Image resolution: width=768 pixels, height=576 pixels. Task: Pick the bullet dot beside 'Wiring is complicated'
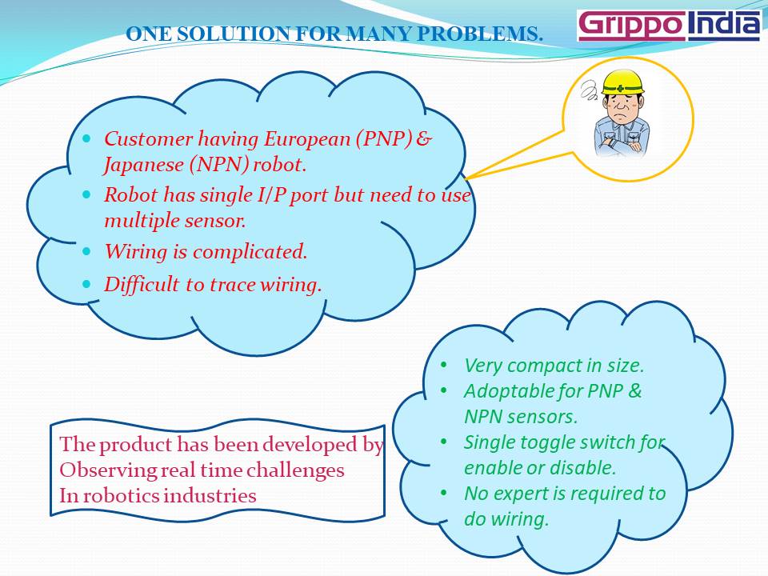[88, 251]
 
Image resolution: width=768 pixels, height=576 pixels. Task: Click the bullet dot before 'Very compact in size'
[444, 366]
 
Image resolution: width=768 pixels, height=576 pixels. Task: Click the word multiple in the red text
[137, 220]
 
